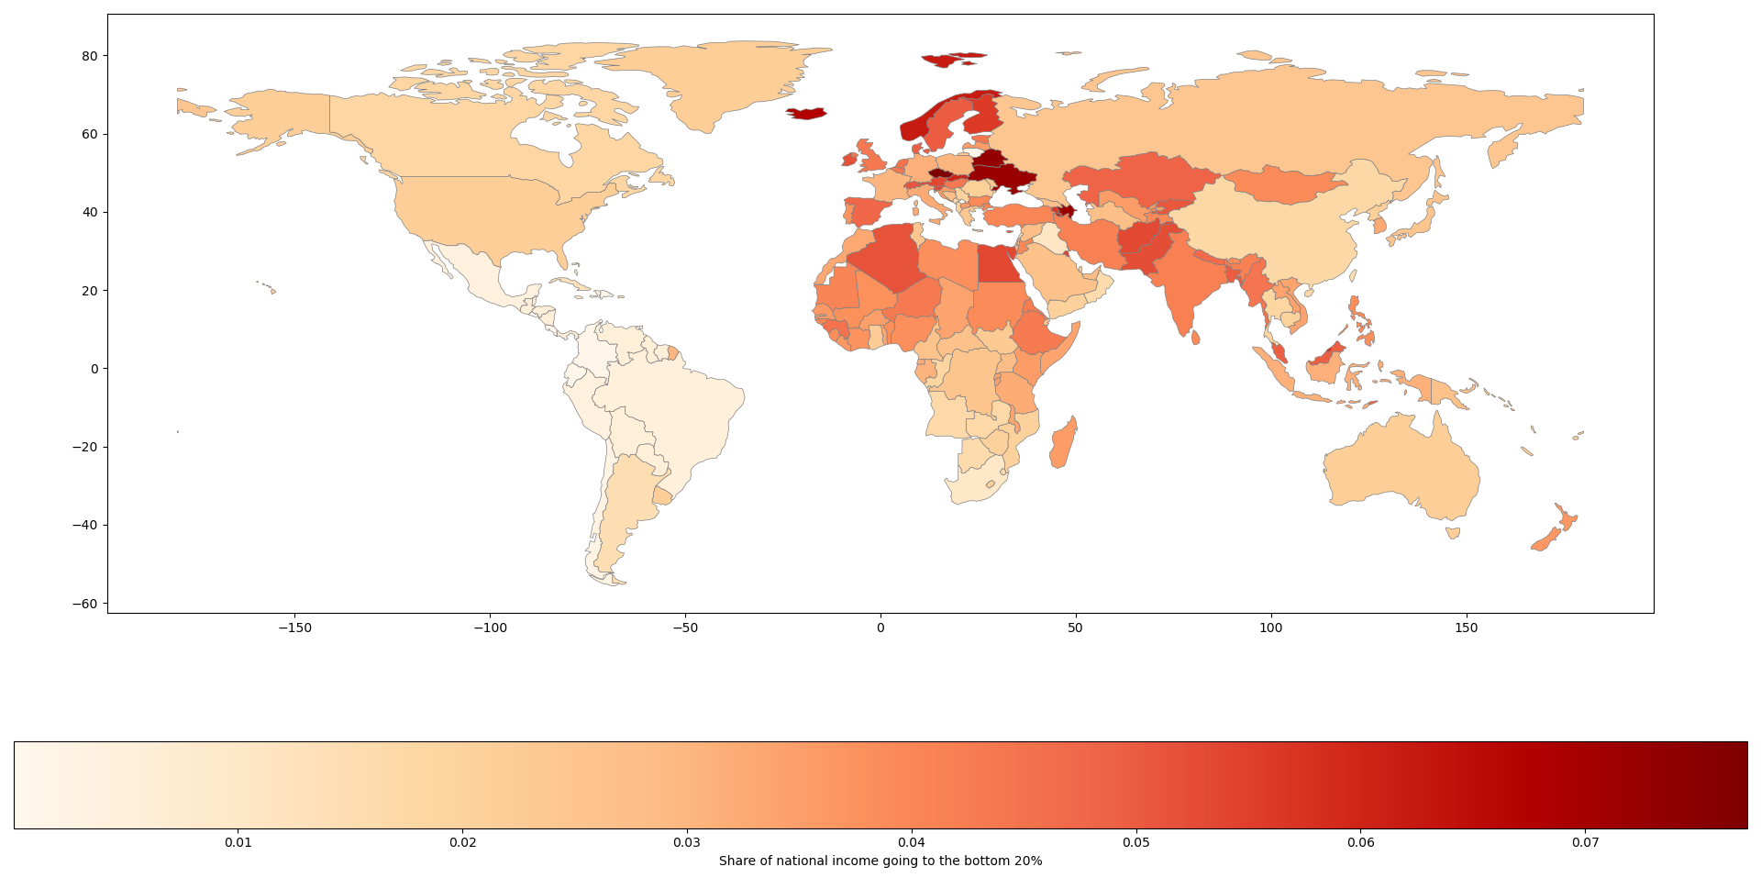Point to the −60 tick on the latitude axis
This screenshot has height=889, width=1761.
click(x=88, y=604)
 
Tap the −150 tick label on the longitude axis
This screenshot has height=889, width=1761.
click(x=294, y=628)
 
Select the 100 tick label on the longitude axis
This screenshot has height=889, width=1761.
click(x=1270, y=628)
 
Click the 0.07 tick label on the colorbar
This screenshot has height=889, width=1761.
click(x=1585, y=842)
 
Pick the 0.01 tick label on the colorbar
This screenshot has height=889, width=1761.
click(x=238, y=842)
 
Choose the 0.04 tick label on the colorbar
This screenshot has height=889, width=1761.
click(x=912, y=842)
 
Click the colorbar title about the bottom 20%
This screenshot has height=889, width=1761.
click(x=880, y=861)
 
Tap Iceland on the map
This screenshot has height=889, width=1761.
click(x=806, y=114)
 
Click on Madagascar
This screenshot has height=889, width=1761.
click(x=1064, y=444)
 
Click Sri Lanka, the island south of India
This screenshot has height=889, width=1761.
click(x=1196, y=338)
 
